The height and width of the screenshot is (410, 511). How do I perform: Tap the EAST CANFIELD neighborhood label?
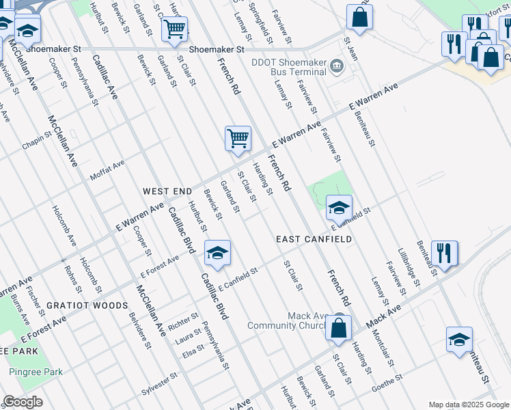(314, 239)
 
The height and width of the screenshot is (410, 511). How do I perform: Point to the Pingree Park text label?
(36, 372)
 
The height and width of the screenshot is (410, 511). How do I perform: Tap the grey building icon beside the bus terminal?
(336, 66)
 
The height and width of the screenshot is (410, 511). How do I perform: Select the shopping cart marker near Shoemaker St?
(174, 29)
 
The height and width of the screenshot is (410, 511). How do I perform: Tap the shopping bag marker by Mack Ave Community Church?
(339, 327)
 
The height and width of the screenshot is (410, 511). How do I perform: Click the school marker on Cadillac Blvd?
(217, 253)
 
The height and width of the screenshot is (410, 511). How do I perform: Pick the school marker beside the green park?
(339, 207)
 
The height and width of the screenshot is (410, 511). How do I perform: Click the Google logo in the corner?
(23, 402)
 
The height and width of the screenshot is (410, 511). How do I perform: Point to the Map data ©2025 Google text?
(469, 405)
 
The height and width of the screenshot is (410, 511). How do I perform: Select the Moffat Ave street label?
(107, 172)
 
